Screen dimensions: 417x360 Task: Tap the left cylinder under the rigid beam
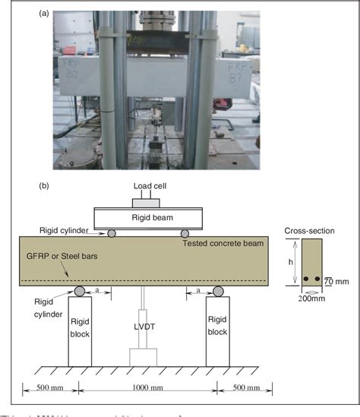click(112, 233)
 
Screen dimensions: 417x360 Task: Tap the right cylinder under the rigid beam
click(186, 233)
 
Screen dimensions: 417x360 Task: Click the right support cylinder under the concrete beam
click(218, 290)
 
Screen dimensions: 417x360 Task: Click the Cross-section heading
click(308, 230)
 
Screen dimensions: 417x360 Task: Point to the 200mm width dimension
click(311, 299)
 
